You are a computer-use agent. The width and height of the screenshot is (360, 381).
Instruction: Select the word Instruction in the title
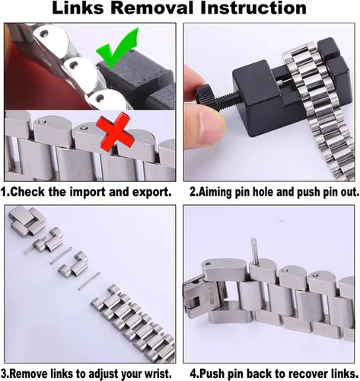(253, 8)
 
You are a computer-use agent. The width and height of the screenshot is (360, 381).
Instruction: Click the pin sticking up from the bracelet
(253, 249)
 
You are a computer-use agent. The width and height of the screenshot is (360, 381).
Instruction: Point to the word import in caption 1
(88, 192)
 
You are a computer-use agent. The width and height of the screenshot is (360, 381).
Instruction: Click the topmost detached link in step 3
(27, 221)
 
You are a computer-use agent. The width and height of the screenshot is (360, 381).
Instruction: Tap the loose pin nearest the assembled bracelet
(89, 281)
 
